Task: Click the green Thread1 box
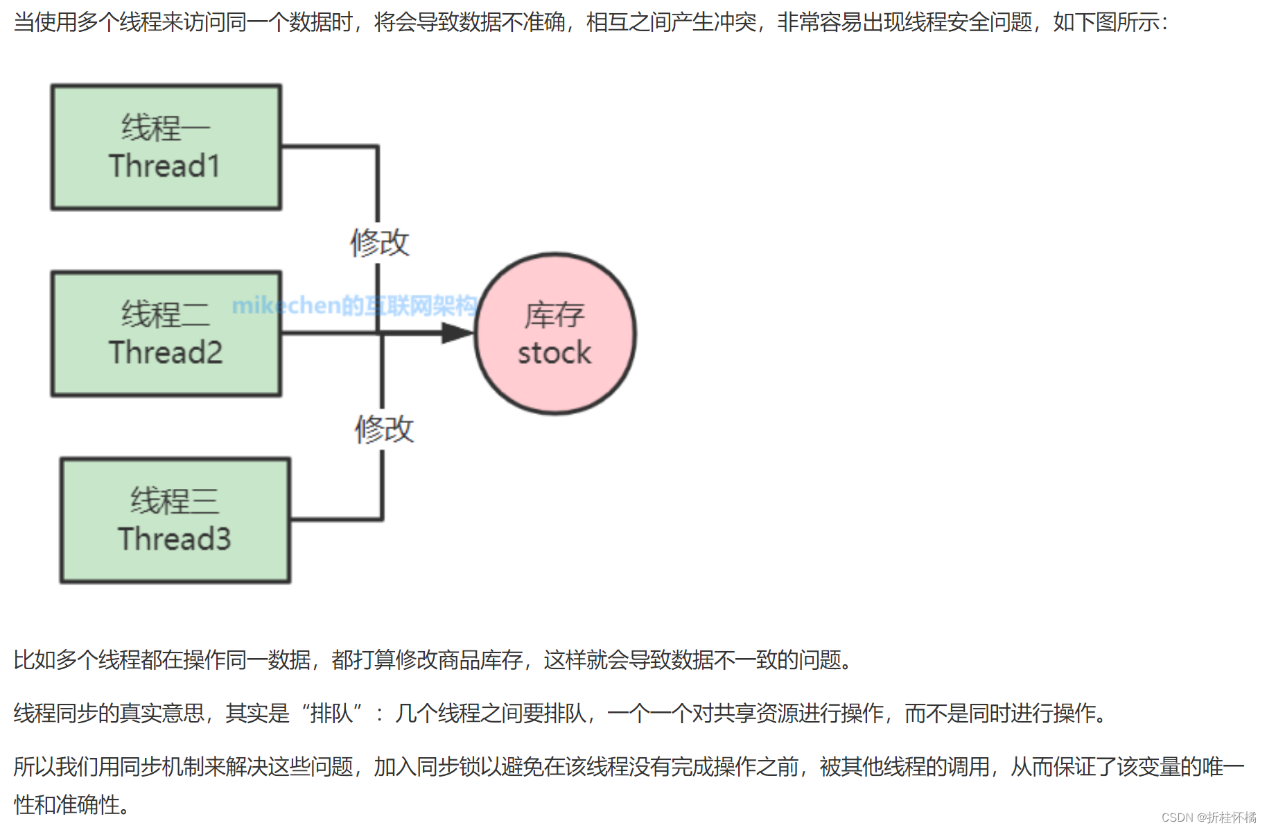coord(166,147)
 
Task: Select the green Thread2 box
coord(166,334)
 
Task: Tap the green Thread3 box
coord(175,520)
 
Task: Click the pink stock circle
coord(554,334)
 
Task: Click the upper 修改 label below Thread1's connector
coord(380,243)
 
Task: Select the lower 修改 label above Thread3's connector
coord(384,429)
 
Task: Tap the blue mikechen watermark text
coord(354,305)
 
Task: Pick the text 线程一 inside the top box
coord(166,128)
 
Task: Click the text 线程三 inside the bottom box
coord(175,501)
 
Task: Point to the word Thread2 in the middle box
coord(166,353)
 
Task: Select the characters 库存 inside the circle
coord(554,315)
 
